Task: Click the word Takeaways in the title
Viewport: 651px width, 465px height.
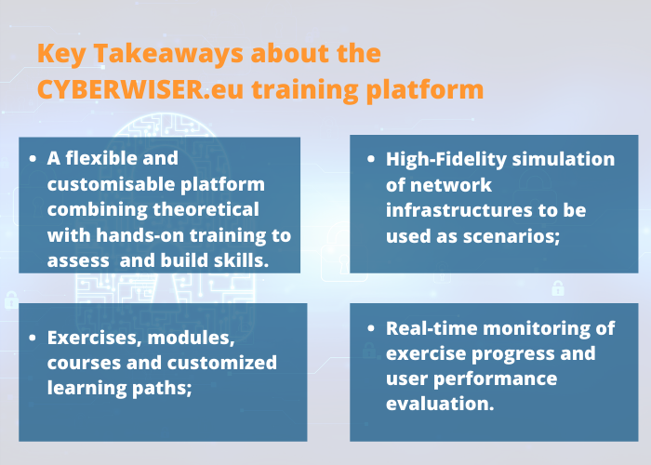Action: click(168, 55)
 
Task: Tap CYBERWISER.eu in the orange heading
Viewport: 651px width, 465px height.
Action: click(140, 89)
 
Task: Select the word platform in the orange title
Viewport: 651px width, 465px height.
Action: click(425, 91)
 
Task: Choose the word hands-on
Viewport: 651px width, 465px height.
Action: click(139, 235)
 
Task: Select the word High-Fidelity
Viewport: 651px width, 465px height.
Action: click(446, 160)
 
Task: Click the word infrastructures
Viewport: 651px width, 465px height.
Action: click(458, 209)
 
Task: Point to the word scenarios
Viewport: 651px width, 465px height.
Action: click(511, 236)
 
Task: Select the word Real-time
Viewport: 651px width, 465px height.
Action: click(432, 328)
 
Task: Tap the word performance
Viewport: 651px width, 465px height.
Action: click(496, 379)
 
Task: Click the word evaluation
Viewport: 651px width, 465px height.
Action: click(440, 404)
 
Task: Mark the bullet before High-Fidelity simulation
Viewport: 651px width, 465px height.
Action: click(371, 159)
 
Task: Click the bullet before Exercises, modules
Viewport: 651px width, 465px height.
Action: click(33, 338)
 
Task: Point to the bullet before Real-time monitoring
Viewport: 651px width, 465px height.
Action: click(371, 328)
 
